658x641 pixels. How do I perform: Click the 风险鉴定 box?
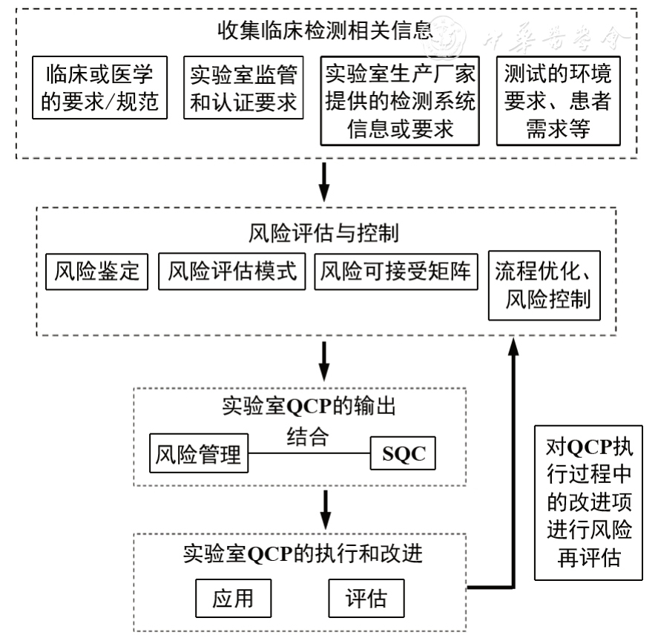[96, 272]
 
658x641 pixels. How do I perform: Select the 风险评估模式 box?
[232, 272]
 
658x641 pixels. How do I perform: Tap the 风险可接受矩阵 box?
[396, 272]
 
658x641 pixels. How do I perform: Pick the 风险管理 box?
[199, 453]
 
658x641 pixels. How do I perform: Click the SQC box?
[404, 453]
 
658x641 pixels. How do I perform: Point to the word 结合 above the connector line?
[307, 436]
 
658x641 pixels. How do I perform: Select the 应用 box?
[233, 598]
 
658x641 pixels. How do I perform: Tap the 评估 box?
[366, 598]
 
